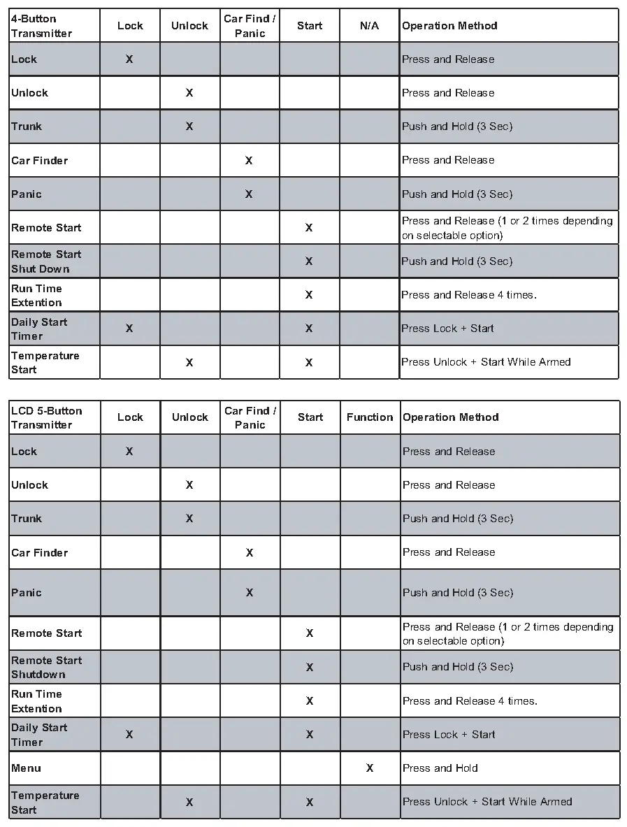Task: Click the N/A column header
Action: pyautogui.click(x=369, y=26)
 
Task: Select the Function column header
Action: pyautogui.click(x=370, y=417)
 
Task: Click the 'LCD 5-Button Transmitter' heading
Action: pyautogui.click(x=47, y=417)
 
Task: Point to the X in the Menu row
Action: pyautogui.click(x=370, y=768)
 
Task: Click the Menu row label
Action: pyautogui.click(x=27, y=768)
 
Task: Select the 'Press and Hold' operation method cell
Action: pyautogui.click(x=440, y=768)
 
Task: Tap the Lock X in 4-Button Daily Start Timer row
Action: pyautogui.click(x=129, y=329)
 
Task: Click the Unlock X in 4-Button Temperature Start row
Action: pyautogui.click(x=189, y=363)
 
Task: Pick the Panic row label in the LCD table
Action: pyautogui.click(x=27, y=593)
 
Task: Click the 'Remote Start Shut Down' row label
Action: pyautogui.click(x=46, y=261)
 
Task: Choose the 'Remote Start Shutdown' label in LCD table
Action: pyautogui.click(x=47, y=667)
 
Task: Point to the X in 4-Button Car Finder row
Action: pyautogui.click(x=249, y=161)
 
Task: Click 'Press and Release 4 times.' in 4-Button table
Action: pyautogui.click(x=469, y=295)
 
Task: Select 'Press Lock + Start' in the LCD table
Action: pyautogui.click(x=449, y=735)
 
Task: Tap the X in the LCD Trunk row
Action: pyautogui.click(x=189, y=519)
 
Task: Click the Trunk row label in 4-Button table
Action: pyautogui.click(x=27, y=127)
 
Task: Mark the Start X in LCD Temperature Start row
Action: pyautogui.click(x=310, y=803)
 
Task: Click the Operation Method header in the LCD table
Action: pyautogui.click(x=451, y=417)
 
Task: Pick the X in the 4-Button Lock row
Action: pyautogui.click(x=129, y=59)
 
